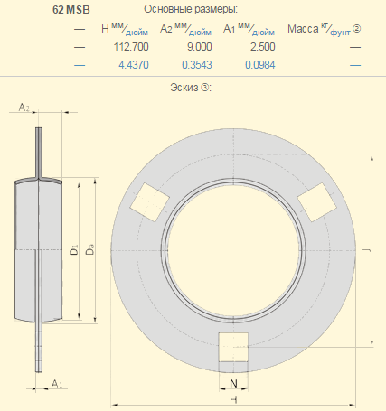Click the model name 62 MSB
[71, 10]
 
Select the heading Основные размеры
[191, 9]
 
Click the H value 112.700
[131, 47]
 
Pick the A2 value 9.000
[199, 47]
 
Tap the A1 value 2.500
[262, 47]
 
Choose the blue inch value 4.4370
[134, 65]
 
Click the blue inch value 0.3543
[197, 65]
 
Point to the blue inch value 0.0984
[260, 65]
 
